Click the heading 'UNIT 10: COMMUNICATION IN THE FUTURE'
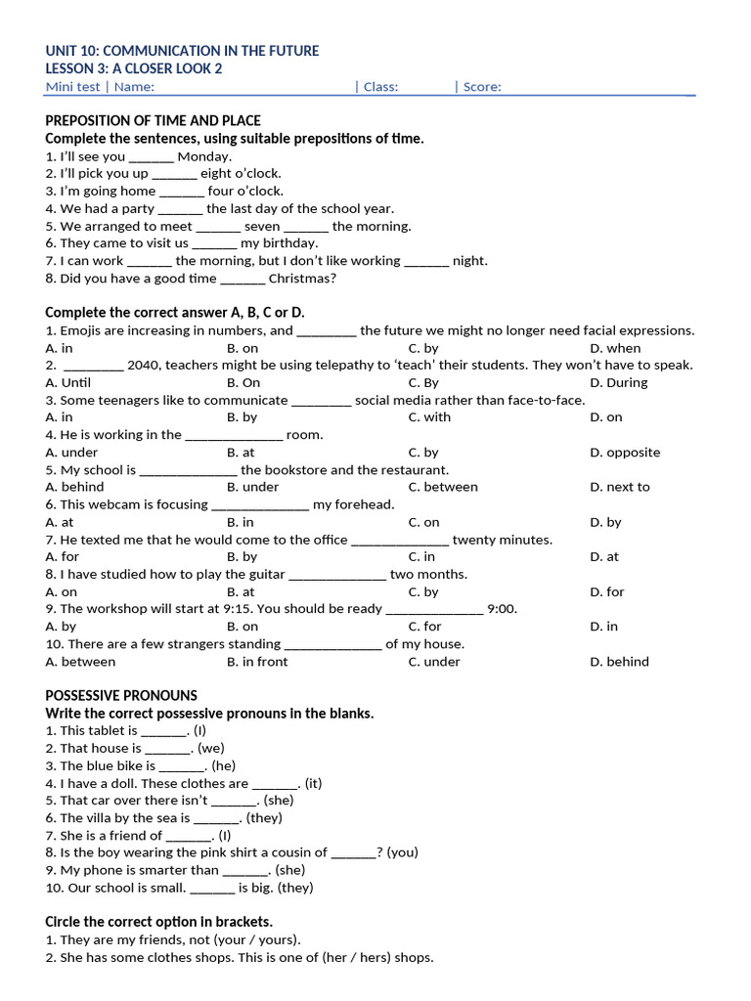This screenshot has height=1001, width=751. point(182,51)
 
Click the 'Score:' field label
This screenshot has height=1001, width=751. point(482,87)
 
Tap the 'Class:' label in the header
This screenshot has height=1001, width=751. point(380,87)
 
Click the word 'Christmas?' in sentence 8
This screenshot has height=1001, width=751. point(302,279)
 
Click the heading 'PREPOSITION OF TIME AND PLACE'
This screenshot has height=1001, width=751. point(153,121)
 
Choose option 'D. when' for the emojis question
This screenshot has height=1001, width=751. point(615,348)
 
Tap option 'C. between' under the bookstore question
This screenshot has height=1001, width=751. point(443,487)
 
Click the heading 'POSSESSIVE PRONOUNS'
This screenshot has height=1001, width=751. point(121,696)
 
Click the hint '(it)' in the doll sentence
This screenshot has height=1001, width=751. point(313,783)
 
